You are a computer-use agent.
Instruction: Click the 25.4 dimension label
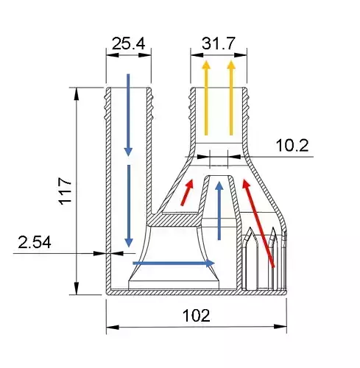click(x=128, y=44)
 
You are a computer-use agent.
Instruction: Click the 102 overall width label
click(x=196, y=316)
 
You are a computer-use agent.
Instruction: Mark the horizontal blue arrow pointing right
click(x=174, y=263)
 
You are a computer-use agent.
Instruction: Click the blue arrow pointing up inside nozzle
click(x=219, y=210)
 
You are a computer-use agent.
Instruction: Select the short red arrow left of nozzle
click(x=188, y=193)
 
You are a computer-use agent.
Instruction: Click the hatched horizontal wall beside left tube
click(x=177, y=219)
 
